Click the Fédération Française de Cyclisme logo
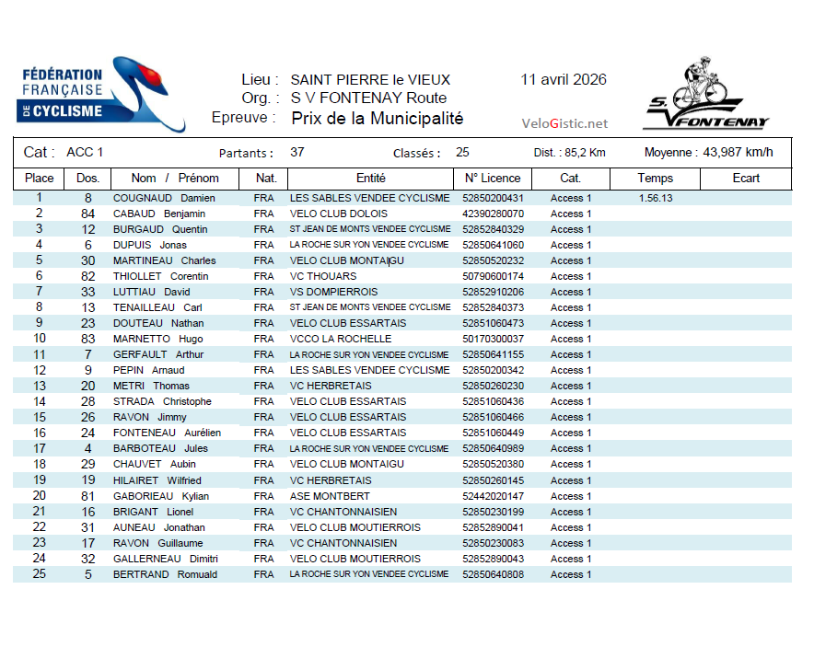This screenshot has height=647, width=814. [x=101, y=94]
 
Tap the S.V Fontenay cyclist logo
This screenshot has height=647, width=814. [x=705, y=95]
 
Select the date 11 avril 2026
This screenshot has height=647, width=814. [x=564, y=79]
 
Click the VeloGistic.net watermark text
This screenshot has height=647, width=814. [x=564, y=123]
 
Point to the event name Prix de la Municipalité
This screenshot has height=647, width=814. [x=378, y=119]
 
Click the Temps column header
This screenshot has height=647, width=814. [x=655, y=178]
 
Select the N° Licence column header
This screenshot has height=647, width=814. [x=493, y=178]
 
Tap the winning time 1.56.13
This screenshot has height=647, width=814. [x=655, y=198]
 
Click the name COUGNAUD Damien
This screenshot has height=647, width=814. [x=164, y=198]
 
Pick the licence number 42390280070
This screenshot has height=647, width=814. [x=493, y=214]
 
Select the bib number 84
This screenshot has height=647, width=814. [x=88, y=214]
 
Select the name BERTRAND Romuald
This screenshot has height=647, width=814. [x=165, y=574]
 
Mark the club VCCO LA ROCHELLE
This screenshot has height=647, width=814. [x=341, y=339]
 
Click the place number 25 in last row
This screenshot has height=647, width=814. [x=39, y=574]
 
